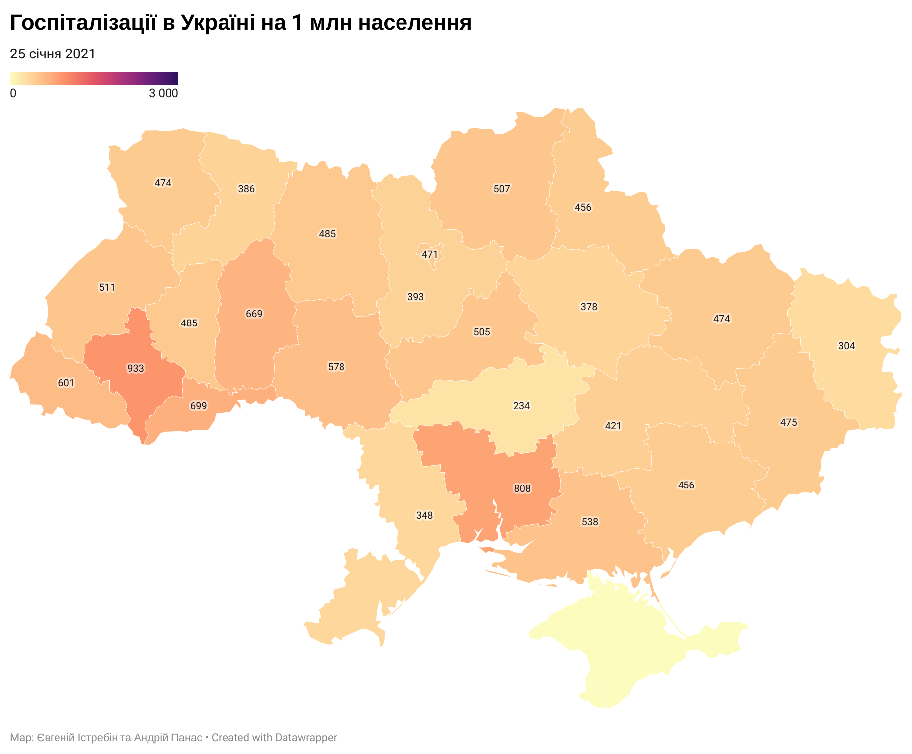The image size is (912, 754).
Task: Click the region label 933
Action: click(136, 368)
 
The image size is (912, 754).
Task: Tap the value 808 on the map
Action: click(522, 489)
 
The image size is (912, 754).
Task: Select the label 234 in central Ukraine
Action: click(521, 406)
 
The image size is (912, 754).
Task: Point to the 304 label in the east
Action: click(846, 346)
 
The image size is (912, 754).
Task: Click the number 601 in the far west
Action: click(66, 383)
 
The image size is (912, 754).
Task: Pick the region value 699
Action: click(198, 406)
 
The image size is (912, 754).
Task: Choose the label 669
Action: click(254, 314)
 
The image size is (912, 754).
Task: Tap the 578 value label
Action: click(336, 367)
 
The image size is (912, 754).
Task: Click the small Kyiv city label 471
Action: click(430, 254)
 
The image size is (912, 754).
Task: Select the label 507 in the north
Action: click(501, 189)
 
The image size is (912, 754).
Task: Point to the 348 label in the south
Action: click(424, 515)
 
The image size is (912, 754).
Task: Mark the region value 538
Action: click(590, 522)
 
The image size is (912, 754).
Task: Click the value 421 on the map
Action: click(613, 426)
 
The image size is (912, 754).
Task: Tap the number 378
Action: click(589, 307)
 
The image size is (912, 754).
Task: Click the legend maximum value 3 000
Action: click(163, 93)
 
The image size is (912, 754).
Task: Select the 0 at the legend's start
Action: click(13, 93)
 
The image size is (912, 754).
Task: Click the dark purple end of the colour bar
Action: click(174, 79)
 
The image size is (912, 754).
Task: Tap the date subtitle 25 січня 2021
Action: click(53, 54)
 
